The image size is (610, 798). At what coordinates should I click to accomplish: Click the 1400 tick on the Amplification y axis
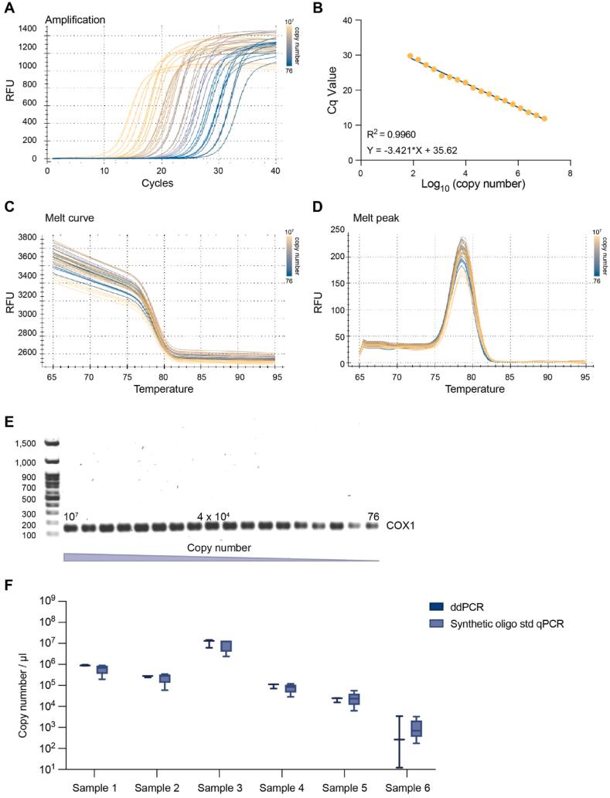click(x=26, y=29)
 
